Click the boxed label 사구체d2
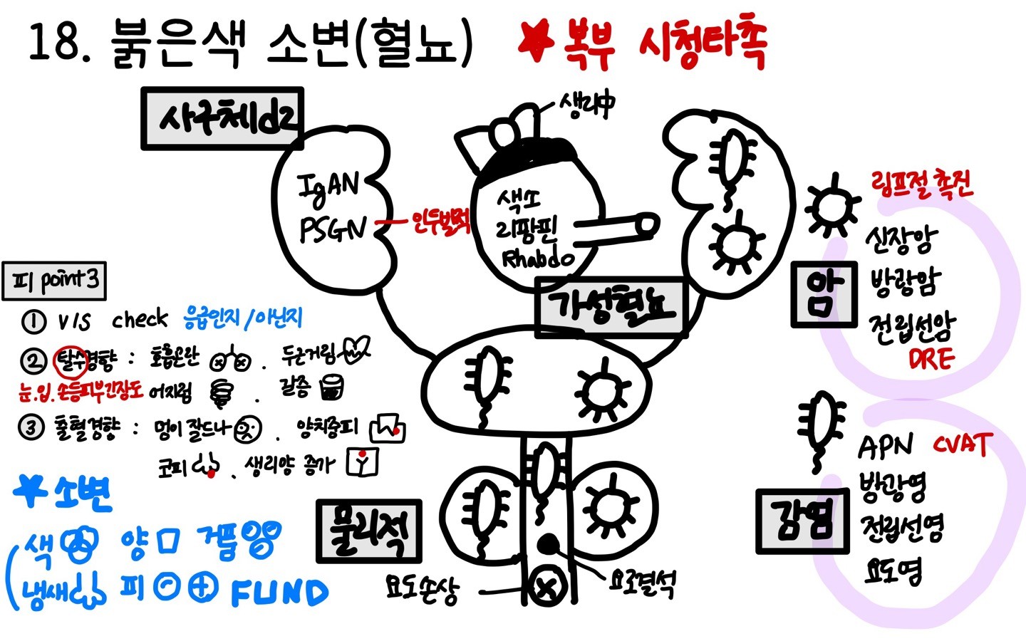pos(222,119)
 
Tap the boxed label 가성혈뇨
pos(611,306)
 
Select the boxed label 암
pos(824,293)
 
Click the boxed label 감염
pos(802,521)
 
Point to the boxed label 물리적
pos(368,530)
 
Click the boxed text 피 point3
pos(55,281)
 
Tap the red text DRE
pos(931,359)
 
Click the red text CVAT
pos(962,445)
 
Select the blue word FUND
pos(279,593)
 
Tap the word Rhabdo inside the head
pos(538,258)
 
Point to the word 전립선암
pos(912,328)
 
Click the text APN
pos(885,447)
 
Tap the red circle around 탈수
pos(71,361)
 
